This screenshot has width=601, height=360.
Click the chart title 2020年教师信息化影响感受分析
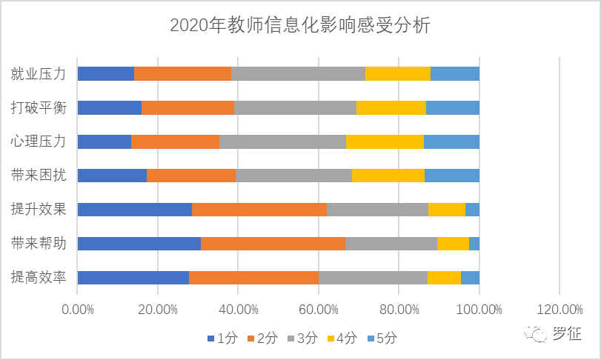pyautogui.click(x=300, y=25)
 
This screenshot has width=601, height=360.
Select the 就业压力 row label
pyautogui.click(x=39, y=73)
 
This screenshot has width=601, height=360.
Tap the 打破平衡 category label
pyautogui.click(x=39, y=107)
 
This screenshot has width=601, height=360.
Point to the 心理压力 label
pyautogui.click(x=39, y=141)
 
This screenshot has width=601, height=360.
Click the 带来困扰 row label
pyautogui.click(x=39, y=176)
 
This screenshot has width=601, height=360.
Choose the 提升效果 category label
pyautogui.click(x=39, y=209)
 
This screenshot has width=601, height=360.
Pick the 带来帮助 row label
pyautogui.click(x=39, y=243)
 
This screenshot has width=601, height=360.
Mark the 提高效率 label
pyautogui.click(x=39, y=277)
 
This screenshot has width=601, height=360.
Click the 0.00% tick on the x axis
pyautogui.click(x=77, y=308)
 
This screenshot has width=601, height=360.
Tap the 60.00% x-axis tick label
pyautogui.click(x=318, y=308)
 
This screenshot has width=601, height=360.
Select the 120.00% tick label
pyautogui.click(x=559, y=308)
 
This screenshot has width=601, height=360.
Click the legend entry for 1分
pyautogui.click(x=222, y=338)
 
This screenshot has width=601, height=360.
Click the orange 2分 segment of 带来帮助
pyautogui.click(x=273, y=243)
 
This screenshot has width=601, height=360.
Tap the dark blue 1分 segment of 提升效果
pyautogui.click(x=134, y=209)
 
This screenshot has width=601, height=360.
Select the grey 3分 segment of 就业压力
pyautogui.click(x=298, y=73)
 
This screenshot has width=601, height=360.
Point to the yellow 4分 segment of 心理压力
pyautogui.click(x=385, y=141)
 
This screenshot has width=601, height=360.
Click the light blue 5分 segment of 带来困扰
pyautogui.click(x=452, y=176)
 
